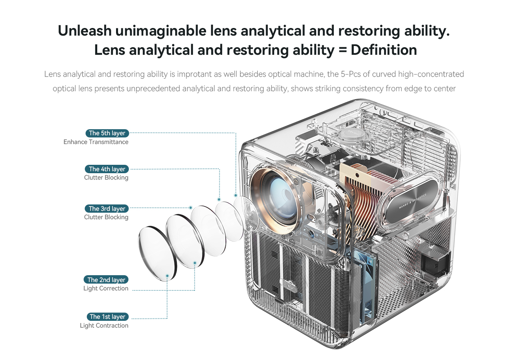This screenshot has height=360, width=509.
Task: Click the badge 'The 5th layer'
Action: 107,133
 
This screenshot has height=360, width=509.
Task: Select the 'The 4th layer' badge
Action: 107,169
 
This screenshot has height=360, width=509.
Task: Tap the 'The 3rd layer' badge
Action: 107,209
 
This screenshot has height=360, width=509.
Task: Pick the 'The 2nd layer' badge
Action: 106,280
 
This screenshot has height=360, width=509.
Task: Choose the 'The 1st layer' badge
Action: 107,317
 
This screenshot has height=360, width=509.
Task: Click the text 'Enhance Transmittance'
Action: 96,142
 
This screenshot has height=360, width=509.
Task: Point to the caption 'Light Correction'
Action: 106,288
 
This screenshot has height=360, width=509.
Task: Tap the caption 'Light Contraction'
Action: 104,326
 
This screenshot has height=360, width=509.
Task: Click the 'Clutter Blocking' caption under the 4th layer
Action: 106,178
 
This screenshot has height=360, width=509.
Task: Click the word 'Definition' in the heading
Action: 383,50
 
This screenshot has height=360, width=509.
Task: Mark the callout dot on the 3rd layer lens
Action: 191,208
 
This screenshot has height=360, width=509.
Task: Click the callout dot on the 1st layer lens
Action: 167,275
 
